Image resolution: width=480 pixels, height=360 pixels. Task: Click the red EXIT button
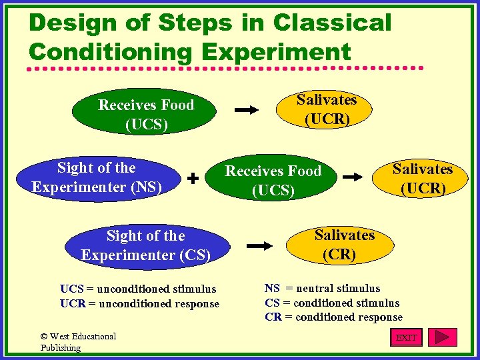click(x=406, y=337)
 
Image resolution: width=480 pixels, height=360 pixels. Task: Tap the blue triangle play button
click(x=442, y=337)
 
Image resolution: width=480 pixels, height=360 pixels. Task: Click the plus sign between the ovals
click(x=193, y=179)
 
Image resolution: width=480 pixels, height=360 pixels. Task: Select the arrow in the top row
click(x=247, y=110)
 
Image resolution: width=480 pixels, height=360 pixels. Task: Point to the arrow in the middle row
click(x=355, y=178)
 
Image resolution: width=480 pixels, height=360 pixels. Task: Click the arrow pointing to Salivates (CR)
click(x=259, y=246)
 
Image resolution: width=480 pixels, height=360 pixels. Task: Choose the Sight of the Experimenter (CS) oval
click(x=145, y=245)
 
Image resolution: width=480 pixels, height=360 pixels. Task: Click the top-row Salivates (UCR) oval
click(x=327, y=110)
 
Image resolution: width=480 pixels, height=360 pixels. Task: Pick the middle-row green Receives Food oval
click(x=273, y=181)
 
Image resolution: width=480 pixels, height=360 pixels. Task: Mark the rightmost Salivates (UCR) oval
click(x=422, y=178)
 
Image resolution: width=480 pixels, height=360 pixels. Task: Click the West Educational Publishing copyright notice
click(x=78, y=341)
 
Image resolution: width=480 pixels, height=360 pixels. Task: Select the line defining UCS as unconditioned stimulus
click(x=138, y=289)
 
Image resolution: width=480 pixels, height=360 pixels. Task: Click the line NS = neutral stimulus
click(x=322, y=288)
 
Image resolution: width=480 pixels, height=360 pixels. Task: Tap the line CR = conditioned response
click(x=333, y=317)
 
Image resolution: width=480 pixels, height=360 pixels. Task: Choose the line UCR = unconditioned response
click(x=139, y=303)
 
